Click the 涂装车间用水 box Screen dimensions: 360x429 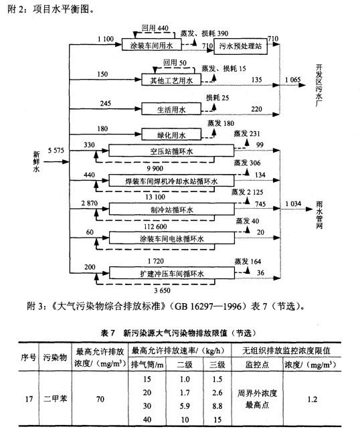click(x=151, y=45)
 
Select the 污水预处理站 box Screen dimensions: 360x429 click(x=240, y=46)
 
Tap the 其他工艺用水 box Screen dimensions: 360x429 click(x=171, y=80)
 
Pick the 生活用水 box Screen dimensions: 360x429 click(x=171, y=109)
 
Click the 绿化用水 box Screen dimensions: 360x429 click(x=171, y=135)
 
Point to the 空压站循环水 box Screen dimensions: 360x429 click(x=171, y=151)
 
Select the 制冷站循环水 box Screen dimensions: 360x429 click(x=172, y=209)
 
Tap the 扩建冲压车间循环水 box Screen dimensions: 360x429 click(x=172, y=273)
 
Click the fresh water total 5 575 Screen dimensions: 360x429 click(x=56, y=150)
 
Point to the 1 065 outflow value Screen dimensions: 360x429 click(x=292, y=80)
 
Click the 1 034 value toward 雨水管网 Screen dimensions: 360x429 click(x=293, y=204)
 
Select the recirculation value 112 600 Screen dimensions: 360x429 click(x=155, y=226)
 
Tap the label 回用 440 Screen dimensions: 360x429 click(x=155, y=28)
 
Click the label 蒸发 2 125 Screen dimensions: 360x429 click(x=248, y=192)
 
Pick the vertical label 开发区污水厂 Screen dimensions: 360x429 click(x=319, y=85)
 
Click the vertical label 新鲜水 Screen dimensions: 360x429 click(x=36, y=161)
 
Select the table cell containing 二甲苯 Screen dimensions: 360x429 click(x=55, y=399)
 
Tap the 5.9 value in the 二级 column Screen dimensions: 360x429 click(x=185, y=406)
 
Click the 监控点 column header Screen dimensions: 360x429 click(x=257, y=365)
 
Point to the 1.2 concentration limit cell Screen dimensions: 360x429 click(x=312, y=399)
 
